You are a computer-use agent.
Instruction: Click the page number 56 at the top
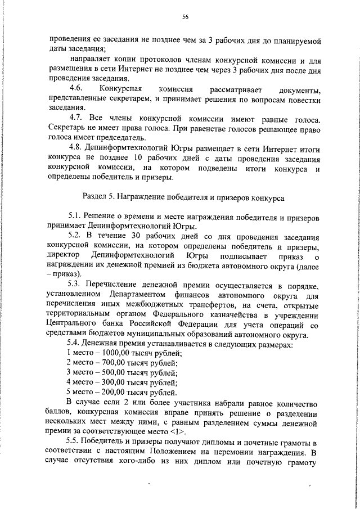pos(185,17)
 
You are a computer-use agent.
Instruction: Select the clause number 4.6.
pos(76,89)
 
